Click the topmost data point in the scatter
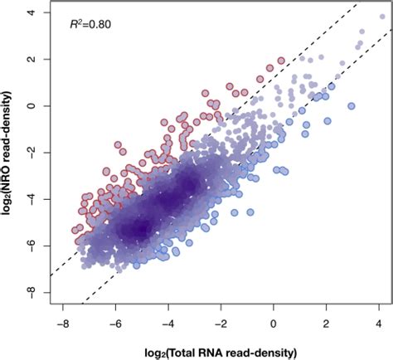[x=381, y=15]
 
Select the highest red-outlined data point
[x=280, y=61]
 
